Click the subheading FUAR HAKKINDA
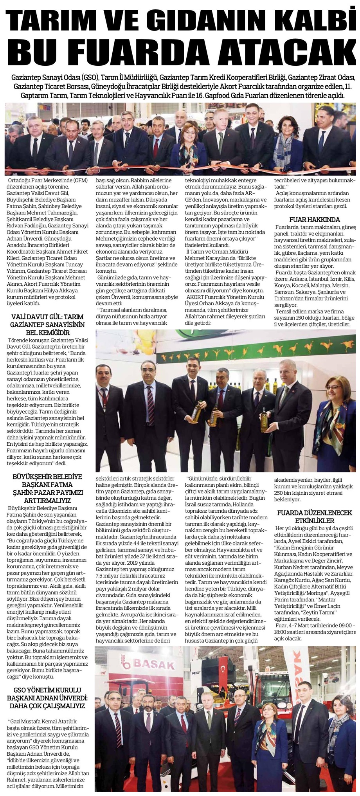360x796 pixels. [314, 220]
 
